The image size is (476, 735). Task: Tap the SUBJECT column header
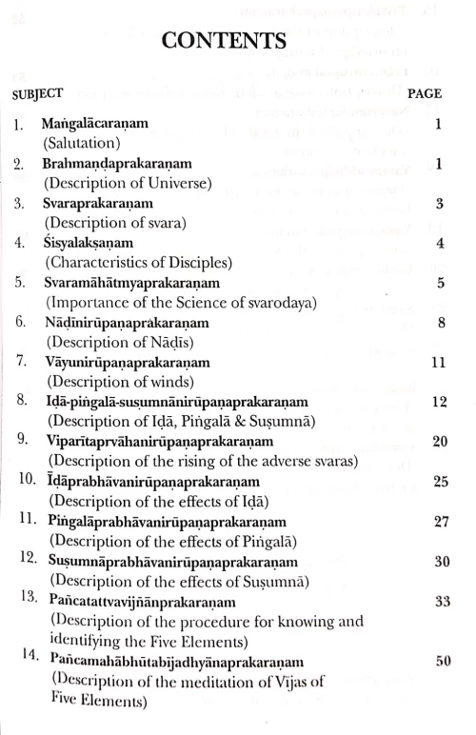point(38,93)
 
